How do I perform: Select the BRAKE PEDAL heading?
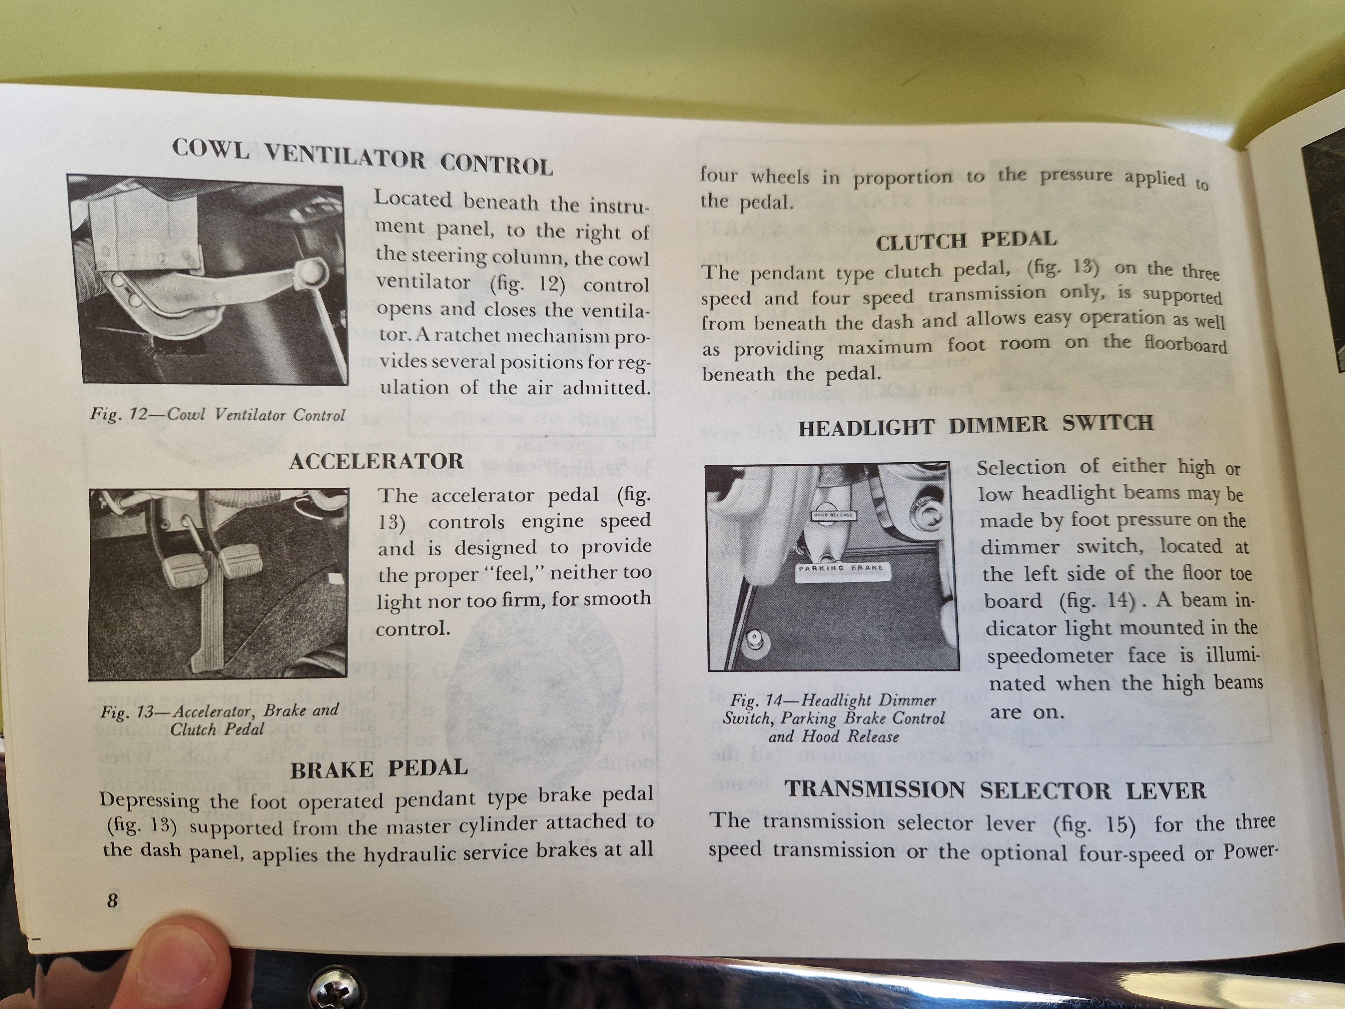click(379, 769)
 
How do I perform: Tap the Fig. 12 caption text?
click(218, 415)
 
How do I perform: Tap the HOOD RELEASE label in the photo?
click(834, 515)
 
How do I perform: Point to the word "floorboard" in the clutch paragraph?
click(1185, 344)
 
